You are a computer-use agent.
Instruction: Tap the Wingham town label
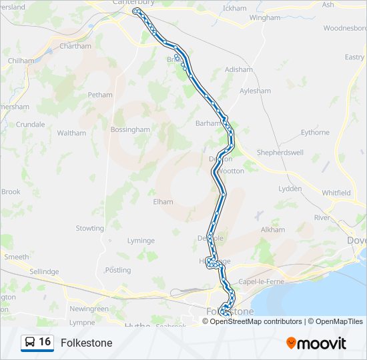(x=265, y=18)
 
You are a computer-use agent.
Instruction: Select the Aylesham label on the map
(x=254, y=90)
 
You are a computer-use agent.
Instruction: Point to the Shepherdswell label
(x=280, y=153)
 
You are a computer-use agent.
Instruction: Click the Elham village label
(x=163, y=201)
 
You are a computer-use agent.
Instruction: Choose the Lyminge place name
(x=141, y=241)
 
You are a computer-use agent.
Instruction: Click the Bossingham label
(x=130, y=129)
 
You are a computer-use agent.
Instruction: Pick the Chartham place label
(x=75, y=46)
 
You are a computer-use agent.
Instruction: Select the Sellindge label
(x=45, y=271)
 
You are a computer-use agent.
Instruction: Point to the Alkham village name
(x=273, y=229)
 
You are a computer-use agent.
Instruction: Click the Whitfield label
(x=336, y=193)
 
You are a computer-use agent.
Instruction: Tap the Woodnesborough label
(x=344, y=29)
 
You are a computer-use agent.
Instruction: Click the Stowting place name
(x=89, y=228)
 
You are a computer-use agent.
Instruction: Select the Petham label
(x=100, y=95)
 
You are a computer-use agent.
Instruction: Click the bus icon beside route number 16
(x=29, y=343)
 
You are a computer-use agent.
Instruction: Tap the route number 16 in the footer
(x=45, y=342)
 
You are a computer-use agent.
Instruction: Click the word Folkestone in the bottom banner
(x=86, y=343)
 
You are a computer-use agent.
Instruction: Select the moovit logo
(x=316, y=343)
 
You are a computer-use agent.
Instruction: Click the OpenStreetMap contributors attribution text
(x=256, y=321)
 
